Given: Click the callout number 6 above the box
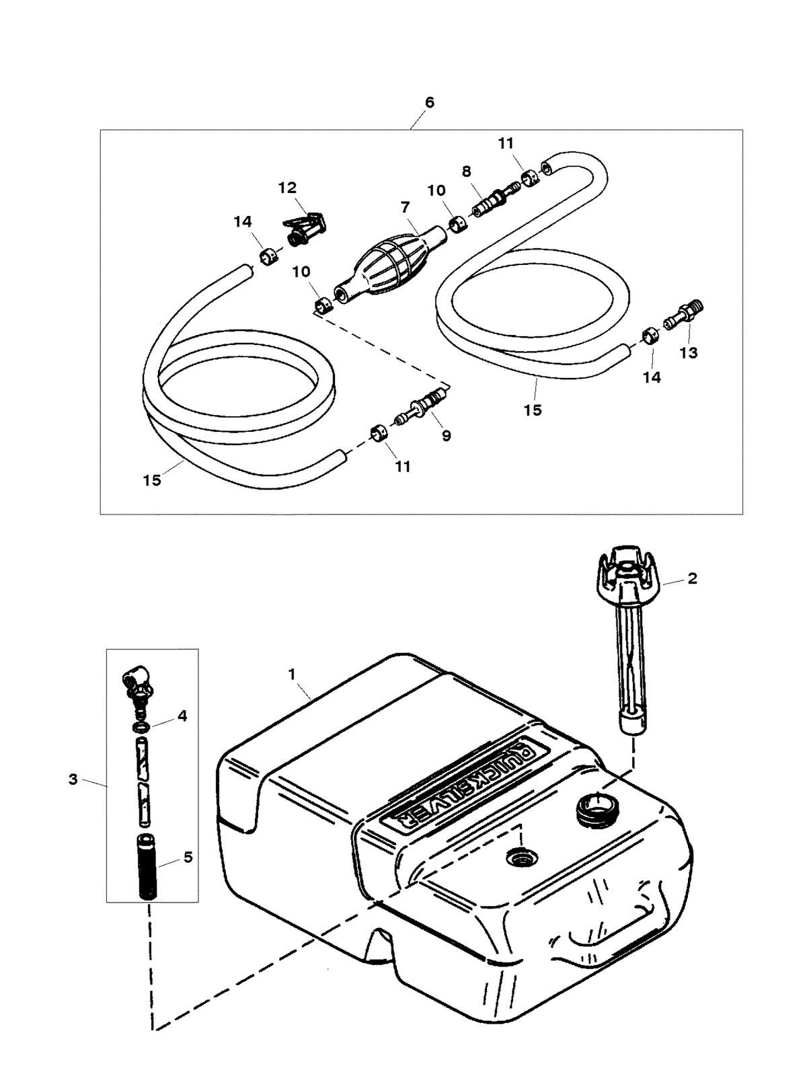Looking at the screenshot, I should point(430,102).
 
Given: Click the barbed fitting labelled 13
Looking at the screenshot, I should point(679,315).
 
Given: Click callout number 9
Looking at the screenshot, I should point(447,436).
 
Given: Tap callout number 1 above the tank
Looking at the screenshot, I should point(292,673).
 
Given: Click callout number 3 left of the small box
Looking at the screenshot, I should point(73,779).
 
